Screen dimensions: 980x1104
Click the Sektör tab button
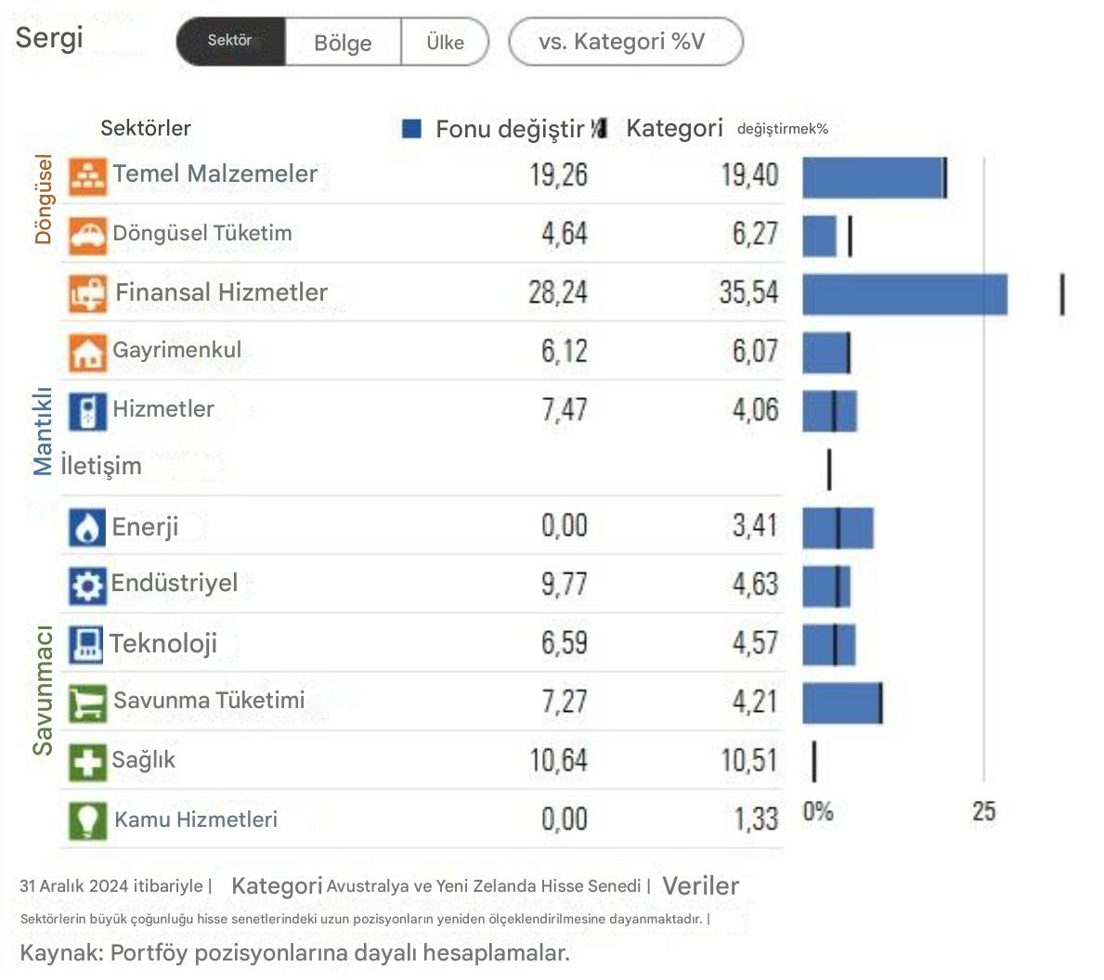(x=230, y=41)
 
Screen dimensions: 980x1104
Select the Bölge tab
(x=343, y=43)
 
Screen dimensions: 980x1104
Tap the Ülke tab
(x=445, y=43)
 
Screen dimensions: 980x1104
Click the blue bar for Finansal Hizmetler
(x=904, y=294)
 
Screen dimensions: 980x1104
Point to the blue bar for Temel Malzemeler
(x=873, y=177)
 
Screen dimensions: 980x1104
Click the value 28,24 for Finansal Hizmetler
(x=558, y=293)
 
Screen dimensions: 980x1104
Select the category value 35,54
(x=748, y=293)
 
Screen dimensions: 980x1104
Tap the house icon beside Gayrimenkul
(x=87, y=353)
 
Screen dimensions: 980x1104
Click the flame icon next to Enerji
(x=87, y=528)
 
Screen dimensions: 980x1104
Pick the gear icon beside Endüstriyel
(x=87, y=586)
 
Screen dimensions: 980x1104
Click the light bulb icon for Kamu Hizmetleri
(x=87, y=820)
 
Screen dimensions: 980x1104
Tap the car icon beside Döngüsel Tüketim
(x=87, y=235)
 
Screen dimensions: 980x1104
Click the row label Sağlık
(x=143, y=760)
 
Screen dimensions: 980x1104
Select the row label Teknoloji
(x=163, y=643)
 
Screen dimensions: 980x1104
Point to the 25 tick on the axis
(x=983, y=812)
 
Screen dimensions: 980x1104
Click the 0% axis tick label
(x=818, y=812)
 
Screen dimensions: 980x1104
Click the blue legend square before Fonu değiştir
(x=411, y=129)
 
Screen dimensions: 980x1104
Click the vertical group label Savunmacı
(x=43, y=690)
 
